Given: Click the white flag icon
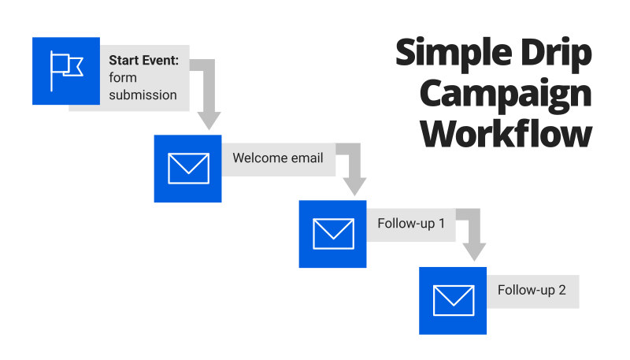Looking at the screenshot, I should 66,71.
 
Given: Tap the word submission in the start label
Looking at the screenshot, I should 143,95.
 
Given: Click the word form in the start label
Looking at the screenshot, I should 122,77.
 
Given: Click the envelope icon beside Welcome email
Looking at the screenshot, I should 188,168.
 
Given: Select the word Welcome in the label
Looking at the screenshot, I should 259,158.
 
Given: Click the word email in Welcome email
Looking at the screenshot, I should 307,158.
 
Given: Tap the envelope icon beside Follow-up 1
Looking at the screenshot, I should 333,234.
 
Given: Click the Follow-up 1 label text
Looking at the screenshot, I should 411,224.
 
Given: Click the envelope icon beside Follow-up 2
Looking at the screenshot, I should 454,300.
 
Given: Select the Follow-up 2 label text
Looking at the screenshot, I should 532,290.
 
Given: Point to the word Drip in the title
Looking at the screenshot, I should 551,54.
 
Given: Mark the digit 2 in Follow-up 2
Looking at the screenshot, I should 561,290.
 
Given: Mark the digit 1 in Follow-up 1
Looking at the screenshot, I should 442,224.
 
